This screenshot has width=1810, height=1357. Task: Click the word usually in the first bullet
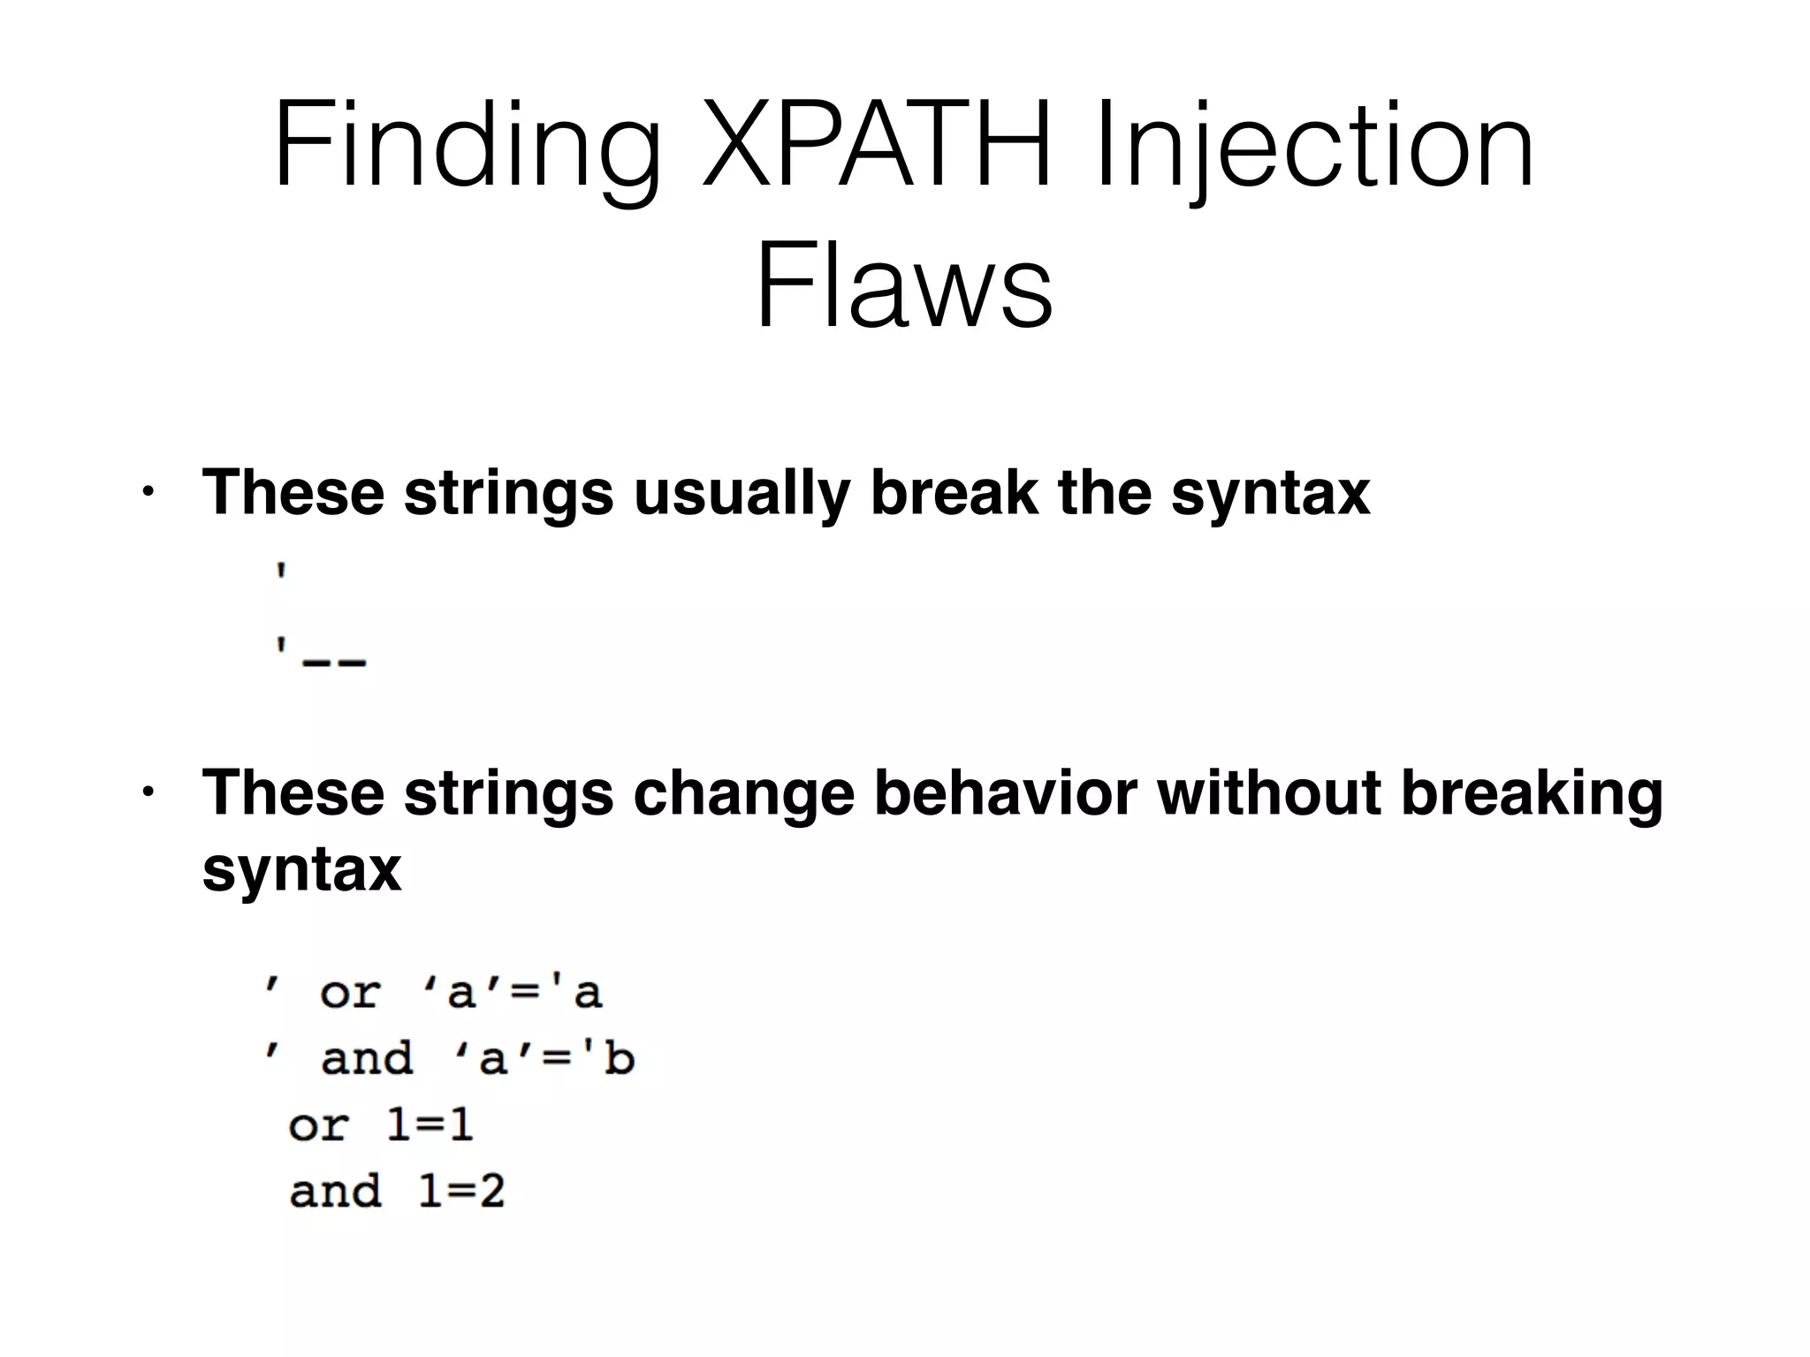[741, 492]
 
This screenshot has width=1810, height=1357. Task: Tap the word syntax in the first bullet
[1270, 492]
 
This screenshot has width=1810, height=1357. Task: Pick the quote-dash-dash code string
[320, 656]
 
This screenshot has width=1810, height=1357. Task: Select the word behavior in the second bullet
[1005, 792]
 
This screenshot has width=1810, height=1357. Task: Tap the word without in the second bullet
[1268, 792]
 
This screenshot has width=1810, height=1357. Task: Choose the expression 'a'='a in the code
[513, 992]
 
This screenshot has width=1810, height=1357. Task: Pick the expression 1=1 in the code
[430, 1125]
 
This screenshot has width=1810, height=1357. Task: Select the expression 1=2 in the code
[460, 1191]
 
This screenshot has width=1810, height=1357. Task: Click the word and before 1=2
[335, 1191]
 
